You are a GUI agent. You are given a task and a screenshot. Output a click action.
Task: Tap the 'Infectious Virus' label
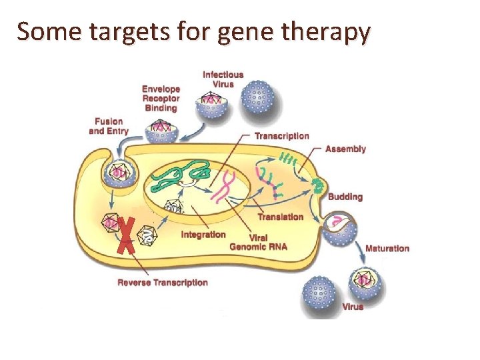point(223,79)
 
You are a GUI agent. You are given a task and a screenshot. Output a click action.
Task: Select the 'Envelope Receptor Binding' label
point(161,99)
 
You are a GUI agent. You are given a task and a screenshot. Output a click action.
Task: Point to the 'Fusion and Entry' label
point(109,126)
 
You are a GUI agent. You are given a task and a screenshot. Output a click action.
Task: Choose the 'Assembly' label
point(345,149)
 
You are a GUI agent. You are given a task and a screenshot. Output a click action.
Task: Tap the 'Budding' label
point(345,197)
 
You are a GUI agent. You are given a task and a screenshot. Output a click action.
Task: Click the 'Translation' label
point(280,217)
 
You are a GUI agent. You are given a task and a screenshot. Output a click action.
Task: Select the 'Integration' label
point(203,235)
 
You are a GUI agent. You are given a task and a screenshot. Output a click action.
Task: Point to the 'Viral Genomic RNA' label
point(258,242)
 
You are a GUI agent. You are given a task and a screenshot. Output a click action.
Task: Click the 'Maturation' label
point(387,249)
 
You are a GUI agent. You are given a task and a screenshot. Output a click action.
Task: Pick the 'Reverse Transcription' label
point(163,283)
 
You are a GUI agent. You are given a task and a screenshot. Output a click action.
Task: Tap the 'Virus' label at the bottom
point(353,307)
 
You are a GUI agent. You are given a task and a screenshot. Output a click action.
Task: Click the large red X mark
point(126,235)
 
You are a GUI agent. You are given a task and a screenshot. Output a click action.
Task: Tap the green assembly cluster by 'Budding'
point(319,184)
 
